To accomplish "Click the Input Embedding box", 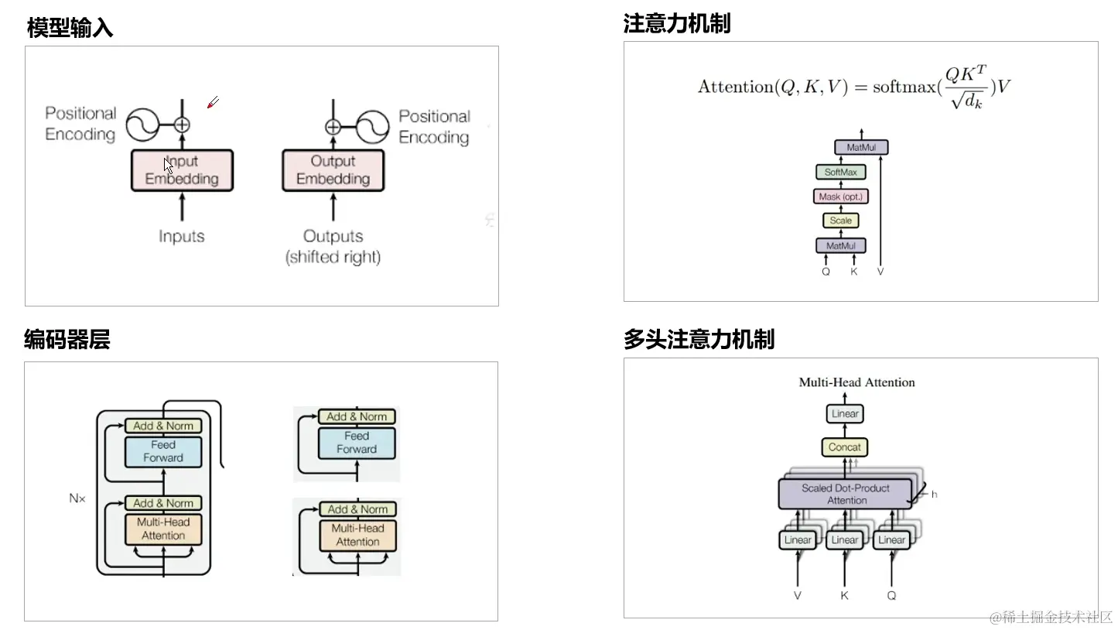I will tap(182, 170).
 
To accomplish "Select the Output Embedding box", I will tap(333, 170).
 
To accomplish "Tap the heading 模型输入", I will tap(70, 29).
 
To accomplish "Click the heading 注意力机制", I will tap(676, 24).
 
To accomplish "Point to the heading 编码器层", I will tap(67, 340).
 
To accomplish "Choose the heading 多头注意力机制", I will tap(699, 340).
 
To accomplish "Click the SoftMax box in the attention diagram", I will tap(840, 172).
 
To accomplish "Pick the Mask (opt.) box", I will tap(840, 197).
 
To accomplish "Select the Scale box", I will tap(840, 221).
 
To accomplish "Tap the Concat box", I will tap(844, 447).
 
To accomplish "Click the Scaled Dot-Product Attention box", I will tap(846, 495).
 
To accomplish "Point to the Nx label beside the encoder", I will tap(77, 498).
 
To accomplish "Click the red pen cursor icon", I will tap(213, 102).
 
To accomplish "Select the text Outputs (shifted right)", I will tap(333, 246).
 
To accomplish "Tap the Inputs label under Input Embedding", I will tap(182, 236).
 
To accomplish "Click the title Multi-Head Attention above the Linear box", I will tap(856, 382).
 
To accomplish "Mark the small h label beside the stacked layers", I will tap(934, 494).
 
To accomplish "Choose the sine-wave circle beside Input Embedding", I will tap(142, 124).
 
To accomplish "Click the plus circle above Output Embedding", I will tap(333, 127).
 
